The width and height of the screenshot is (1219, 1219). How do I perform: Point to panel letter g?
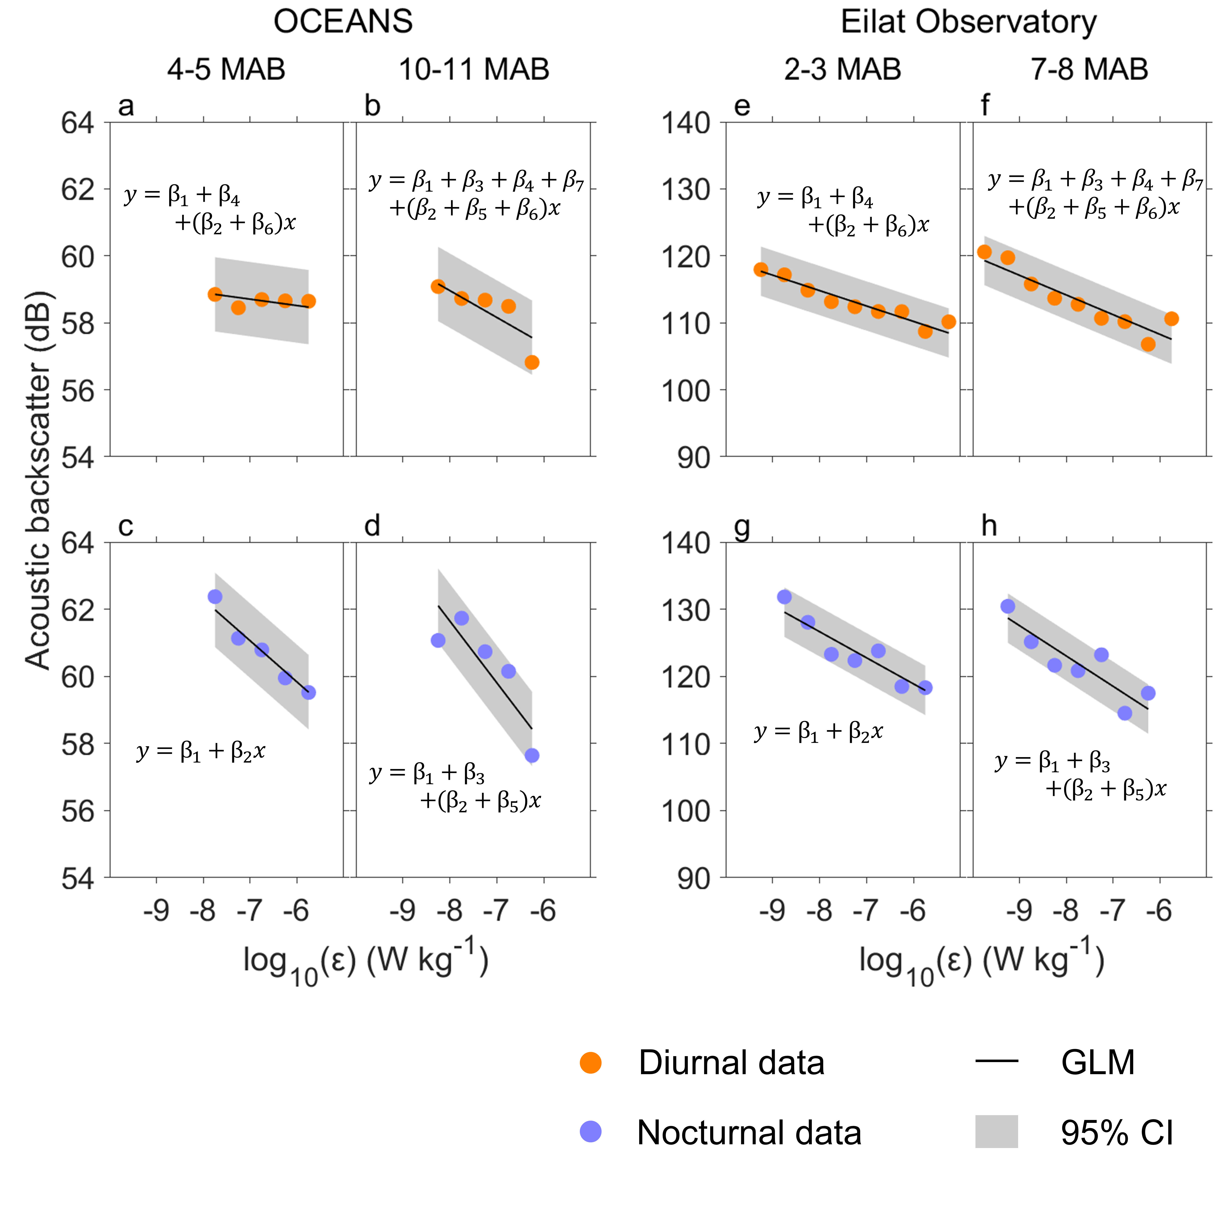[x=742, y=527]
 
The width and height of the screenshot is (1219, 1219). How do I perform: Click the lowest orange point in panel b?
[x=532, y=362]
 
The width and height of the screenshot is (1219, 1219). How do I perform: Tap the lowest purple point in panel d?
[x=532, y=755]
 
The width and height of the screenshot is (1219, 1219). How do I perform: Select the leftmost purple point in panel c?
[x=215, y=596]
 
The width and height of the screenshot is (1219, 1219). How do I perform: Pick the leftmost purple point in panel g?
[x=784, y=596]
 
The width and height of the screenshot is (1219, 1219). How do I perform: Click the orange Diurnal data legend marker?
[x=591, y=1063]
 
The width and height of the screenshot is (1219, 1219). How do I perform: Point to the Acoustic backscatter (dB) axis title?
[x=38, y=480]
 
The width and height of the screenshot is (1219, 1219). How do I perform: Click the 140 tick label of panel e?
[x=685, y=123]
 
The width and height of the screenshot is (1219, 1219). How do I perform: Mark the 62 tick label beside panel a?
[x=78, y=189]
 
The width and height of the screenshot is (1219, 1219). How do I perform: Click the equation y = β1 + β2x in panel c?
[x=201, y=751]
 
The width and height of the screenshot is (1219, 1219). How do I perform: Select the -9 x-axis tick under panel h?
[x=1018, y=910]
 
